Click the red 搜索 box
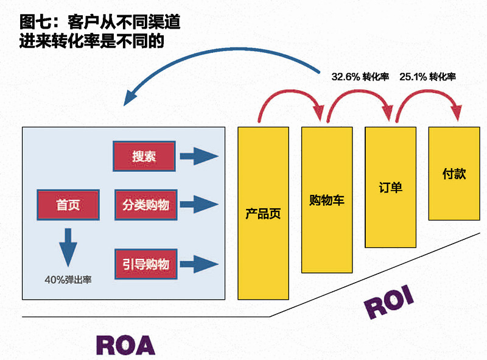(144, 157)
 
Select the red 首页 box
(68, 205)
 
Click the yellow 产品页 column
(263, 213)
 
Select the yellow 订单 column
(390, 186)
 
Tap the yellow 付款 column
(454, 174)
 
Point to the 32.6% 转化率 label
(360, 77)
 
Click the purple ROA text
(125, 344)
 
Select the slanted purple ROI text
(389, 303)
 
